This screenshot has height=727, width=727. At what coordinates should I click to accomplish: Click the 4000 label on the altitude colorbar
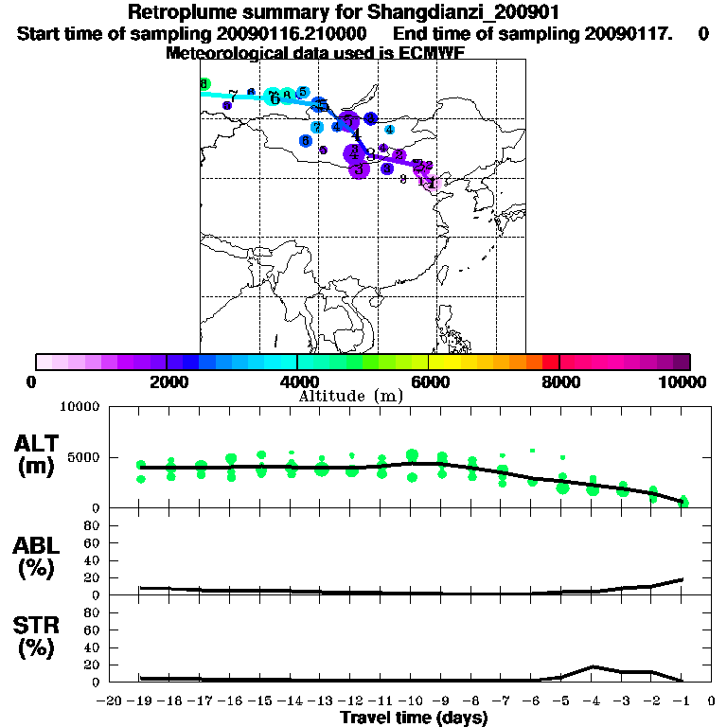(x=296, y=381)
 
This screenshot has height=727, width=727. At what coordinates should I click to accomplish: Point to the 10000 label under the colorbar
(x=684, y=381)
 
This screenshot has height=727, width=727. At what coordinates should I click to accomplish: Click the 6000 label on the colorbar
(x=428, y=381)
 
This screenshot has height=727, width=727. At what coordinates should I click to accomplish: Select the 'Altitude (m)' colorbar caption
(x=351, y=396)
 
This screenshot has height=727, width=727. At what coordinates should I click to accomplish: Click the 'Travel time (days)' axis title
(x=414, y=718)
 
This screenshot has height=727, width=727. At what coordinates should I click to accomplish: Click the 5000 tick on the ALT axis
(x=85, y=457)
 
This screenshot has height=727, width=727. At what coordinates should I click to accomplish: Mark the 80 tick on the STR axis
(x=93, y=612)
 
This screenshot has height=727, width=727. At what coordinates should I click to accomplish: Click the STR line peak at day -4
(x=593, y=666)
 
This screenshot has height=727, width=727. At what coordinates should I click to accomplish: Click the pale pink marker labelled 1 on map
(x=431, y=182)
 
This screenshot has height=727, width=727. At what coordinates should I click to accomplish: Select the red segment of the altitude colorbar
(x=550, y=362)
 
